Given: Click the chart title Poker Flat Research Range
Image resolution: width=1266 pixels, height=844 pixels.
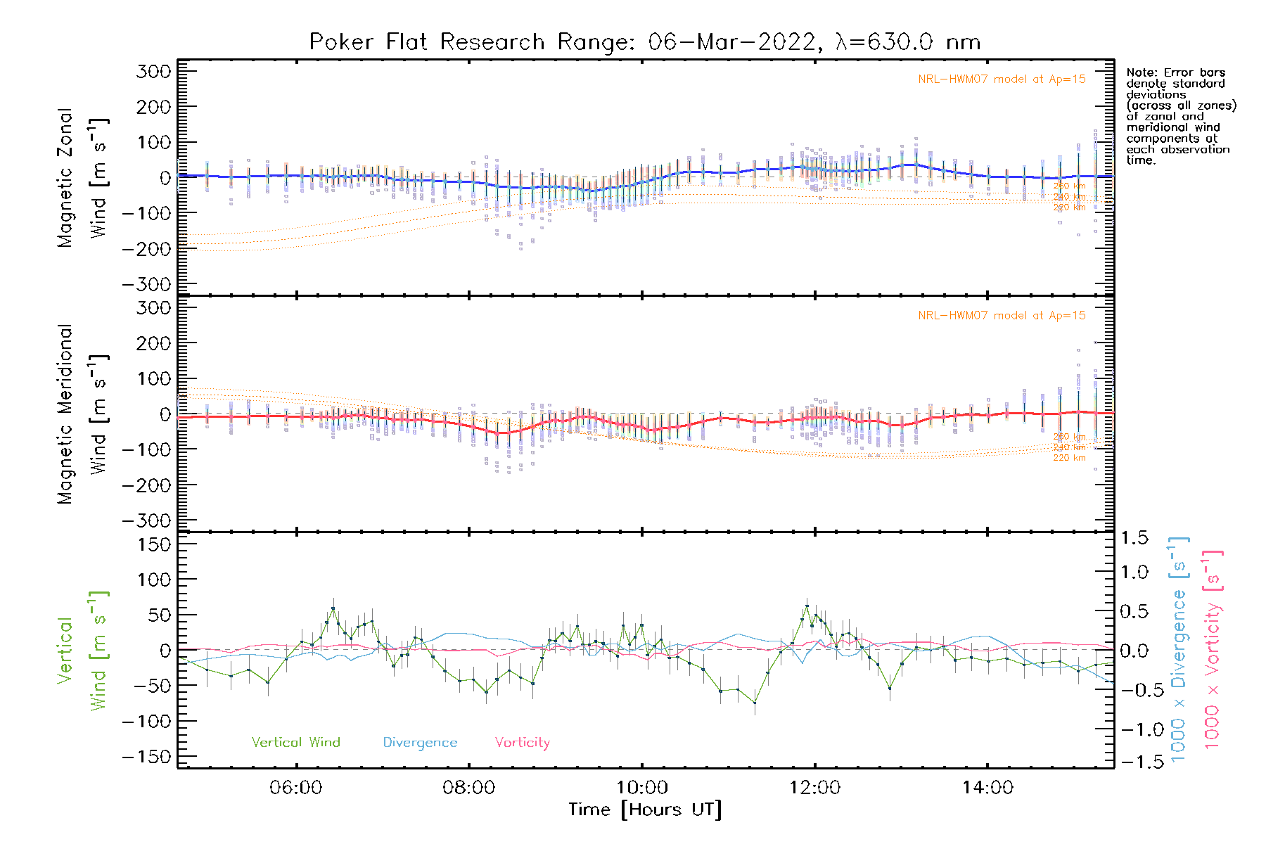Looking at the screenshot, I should coord(644,42).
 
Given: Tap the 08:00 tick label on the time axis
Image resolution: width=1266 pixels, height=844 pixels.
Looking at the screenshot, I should coord(468,788).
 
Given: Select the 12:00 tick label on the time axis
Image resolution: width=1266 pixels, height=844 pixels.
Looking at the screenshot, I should coord(814,788).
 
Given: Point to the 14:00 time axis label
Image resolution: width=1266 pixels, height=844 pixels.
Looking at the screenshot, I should coord(987,788).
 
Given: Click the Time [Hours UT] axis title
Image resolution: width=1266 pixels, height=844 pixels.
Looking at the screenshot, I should coord(644,810).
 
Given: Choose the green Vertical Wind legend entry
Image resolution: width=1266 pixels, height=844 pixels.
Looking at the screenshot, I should coord(295,743).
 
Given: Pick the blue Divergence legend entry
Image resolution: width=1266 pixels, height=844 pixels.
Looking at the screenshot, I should coord(420,743).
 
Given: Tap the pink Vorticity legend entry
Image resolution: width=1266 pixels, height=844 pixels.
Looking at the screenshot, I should coord(522,743).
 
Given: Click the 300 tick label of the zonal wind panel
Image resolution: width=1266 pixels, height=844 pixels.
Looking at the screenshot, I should coord(154,71).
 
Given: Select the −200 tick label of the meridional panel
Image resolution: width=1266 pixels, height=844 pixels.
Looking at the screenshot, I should coord(147,485).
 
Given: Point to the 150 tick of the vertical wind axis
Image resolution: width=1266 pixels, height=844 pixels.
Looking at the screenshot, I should coord(154,544).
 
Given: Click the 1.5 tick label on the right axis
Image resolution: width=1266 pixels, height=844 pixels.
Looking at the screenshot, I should coord(1134,538).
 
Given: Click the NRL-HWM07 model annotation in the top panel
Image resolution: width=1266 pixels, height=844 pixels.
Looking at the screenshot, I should coord(1002,79).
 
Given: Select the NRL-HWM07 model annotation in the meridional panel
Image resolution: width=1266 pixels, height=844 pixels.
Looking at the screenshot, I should coord(1002,316).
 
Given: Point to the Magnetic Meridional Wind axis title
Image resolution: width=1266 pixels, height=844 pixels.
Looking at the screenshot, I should coord(83,414).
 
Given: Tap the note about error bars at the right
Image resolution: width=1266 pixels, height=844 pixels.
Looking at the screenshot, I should coord(1179,116).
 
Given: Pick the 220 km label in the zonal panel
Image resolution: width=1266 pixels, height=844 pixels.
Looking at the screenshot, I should coord(1069,207).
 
